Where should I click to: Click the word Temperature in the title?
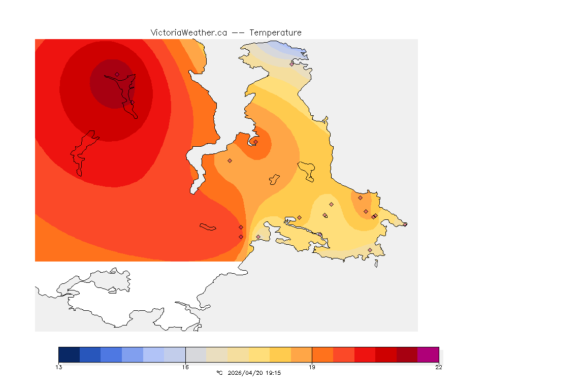(276, 32)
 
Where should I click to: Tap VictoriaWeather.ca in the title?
(188, 32)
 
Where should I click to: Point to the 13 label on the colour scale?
(59, 367)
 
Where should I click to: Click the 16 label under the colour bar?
(185, 367)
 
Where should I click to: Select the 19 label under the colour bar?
(312, 367)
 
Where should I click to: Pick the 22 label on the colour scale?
(438, 367)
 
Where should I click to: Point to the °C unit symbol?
(219, 373)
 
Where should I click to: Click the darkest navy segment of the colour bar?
(69, 354)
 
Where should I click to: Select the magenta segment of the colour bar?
(428, 354)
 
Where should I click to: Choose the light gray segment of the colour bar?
(196, 354)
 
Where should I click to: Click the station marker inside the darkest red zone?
(117, 75)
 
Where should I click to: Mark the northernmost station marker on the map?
(292, 64)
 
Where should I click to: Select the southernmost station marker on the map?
(370, 250)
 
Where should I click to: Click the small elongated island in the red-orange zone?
(208, 227)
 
